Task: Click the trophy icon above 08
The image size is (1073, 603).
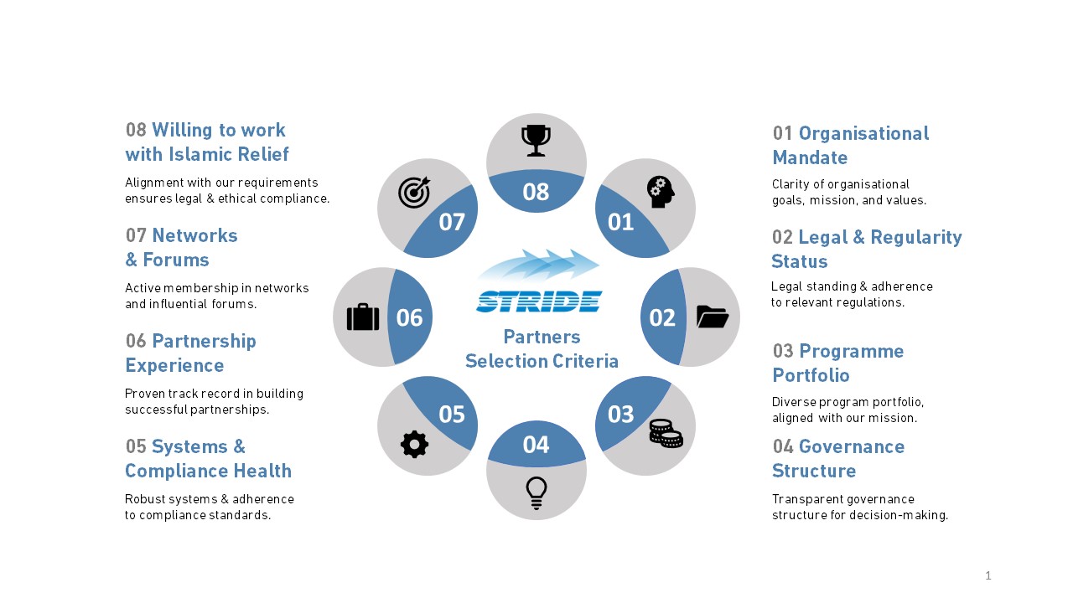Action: tap(536, 141)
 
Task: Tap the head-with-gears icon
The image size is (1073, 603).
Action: tap(661, 192)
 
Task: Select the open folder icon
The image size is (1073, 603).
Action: tap(713, 317)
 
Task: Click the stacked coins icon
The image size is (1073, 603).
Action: tap(666, 434)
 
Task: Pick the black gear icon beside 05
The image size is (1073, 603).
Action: tap(414, 444)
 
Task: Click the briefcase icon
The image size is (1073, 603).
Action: tap(363, 317)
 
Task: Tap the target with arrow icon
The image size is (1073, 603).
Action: tap(414, 193)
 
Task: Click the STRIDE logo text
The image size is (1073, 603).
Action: tap(539, 301)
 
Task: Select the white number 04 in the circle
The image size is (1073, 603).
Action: tap(536, 445)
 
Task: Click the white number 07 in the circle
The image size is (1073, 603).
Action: tap(452, 222)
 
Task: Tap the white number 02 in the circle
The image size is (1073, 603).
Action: tap(662, 317)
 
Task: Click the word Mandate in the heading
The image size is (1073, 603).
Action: tap(810, 157)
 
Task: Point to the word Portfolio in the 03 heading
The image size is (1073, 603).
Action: tap(811, 375)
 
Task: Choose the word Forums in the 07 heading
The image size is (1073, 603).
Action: tap(176, 260)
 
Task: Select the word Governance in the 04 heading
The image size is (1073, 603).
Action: tap(852, 446)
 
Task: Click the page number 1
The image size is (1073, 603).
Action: tap(988, 575)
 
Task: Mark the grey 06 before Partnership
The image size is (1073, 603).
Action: tap(136, 341)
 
